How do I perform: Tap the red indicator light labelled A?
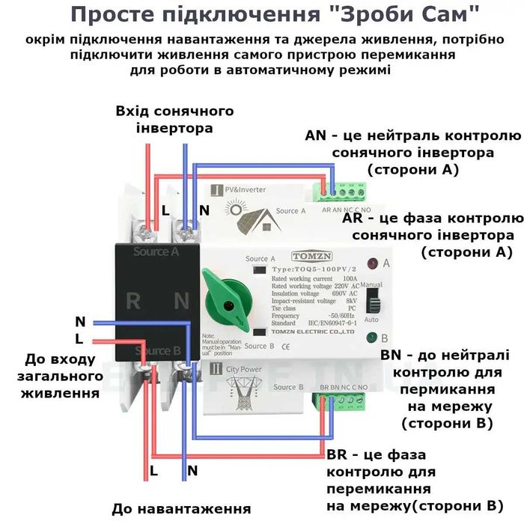(x=372, y=263)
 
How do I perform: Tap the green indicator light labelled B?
(x=372, y=338)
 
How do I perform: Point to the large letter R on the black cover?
(x=133, y=301)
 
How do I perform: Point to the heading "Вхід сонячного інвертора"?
(x=174, y=120)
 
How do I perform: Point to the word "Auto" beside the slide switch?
(x=370, y=319)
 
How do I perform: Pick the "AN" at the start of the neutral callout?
(x=317, y=136)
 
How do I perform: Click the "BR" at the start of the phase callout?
(x=338, y=455)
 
